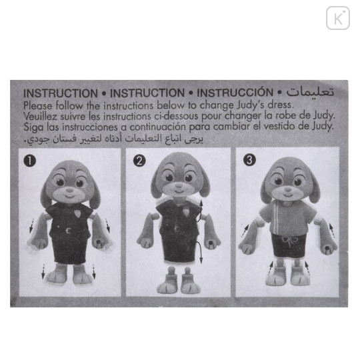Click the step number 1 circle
tap(30, 160)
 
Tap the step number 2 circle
tap(139, 160)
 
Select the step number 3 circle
tap(248, 160)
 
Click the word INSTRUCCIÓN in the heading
tap(236, 93)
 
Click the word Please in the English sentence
tap(37, 104)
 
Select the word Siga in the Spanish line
tap(33, 126)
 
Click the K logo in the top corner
tap(338, 17)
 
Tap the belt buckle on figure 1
tap(67, 231)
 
